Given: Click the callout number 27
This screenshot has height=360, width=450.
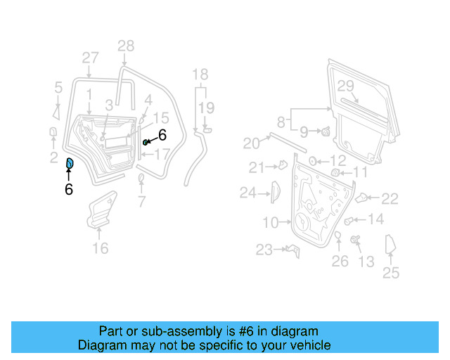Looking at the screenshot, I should pos(90,58).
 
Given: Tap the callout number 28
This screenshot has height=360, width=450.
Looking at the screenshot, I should pos(125,46).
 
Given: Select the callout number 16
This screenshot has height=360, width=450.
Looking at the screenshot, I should pos(101,247).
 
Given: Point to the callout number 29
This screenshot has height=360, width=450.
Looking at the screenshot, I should pos(345,86).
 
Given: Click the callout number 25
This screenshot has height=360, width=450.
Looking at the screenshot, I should pos(390,273).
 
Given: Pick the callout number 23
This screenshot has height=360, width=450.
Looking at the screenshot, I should pos(264,249).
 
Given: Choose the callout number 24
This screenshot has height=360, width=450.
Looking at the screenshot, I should pos(247,192).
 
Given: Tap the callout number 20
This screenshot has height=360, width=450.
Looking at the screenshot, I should pos(252,143).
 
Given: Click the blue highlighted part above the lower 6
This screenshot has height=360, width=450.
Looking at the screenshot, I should pos(70,164).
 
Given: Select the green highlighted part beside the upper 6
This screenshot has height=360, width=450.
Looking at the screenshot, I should pos(146,142).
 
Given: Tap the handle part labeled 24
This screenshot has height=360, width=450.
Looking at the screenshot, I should pos(275,191).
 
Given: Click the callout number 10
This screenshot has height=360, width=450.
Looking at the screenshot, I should pos(271,224).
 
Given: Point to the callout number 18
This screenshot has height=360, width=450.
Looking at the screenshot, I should pos(200,75).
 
